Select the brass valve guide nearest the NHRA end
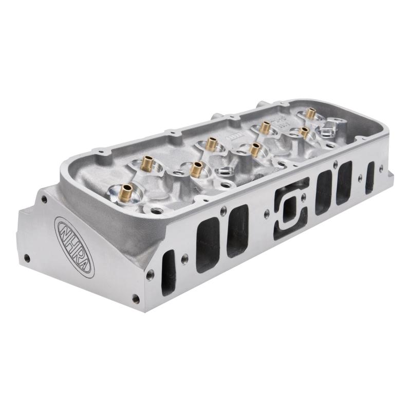coord(125,192)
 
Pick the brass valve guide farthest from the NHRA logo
coord(310,113)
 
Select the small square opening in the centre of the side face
coord(288,209)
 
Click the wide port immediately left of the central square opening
coord(237,231)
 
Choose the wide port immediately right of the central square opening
coord(324,192)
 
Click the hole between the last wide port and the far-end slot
coord(360,178)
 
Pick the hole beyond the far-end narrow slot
coord(381,167)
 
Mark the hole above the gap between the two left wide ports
coord(223,210)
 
